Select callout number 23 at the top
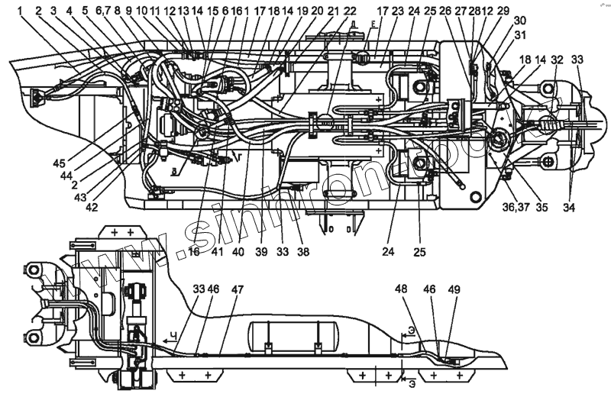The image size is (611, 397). [x=399, y=11]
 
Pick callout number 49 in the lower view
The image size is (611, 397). [x=454, y=290]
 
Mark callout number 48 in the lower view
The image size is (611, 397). [x=402, y=290]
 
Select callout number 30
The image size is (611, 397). [x=519, y=20]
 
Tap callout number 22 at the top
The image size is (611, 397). [x=350, y=11]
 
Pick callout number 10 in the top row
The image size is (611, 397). [x=142, y=11]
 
